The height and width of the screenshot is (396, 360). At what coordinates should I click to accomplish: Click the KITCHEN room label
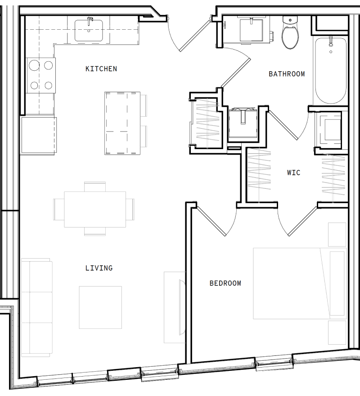pos(101,69)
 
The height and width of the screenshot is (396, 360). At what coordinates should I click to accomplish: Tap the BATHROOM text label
pos(287,74)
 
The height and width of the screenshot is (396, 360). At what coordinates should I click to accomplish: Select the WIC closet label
pos(293,173)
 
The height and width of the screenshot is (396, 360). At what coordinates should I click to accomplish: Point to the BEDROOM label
pos(225,283)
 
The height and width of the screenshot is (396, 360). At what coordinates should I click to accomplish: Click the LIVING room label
pos(99,268)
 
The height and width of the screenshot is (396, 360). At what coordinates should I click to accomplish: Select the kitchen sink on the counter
pos(88,30)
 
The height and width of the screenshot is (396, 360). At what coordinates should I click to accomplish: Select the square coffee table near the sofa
pos(100,307)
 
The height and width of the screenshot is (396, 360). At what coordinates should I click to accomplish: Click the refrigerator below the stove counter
pos(38,136)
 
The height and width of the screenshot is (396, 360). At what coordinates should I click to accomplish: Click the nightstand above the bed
pos(337,234)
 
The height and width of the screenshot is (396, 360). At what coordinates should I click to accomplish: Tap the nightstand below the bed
pos(337,332)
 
